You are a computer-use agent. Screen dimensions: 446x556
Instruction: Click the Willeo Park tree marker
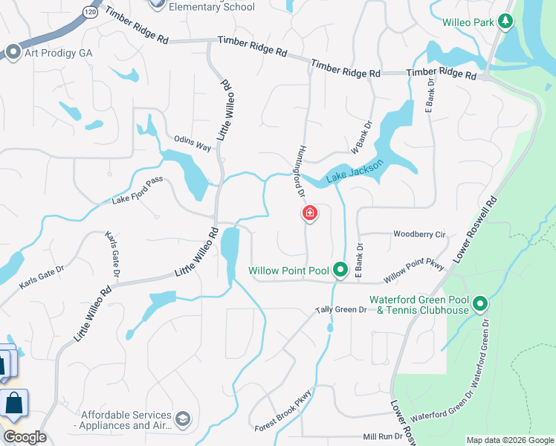505,22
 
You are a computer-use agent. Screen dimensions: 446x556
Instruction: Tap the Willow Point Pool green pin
340,269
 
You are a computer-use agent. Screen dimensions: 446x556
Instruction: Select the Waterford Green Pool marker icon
480,303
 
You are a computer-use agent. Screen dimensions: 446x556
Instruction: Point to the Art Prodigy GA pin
12,51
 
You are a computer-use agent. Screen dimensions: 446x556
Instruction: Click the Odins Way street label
193,142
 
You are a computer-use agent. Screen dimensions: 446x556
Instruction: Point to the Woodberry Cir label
419,234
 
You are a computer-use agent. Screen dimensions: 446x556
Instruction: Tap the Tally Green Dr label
341,309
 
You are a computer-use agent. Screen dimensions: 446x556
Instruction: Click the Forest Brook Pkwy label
282,413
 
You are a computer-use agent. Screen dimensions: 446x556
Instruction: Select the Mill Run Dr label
382,439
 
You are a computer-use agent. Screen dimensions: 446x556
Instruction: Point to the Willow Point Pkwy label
413,272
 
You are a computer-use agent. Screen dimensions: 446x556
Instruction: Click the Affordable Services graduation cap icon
183,421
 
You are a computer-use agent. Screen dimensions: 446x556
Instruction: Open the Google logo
25,438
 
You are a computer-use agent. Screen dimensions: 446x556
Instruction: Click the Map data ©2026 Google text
509,440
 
